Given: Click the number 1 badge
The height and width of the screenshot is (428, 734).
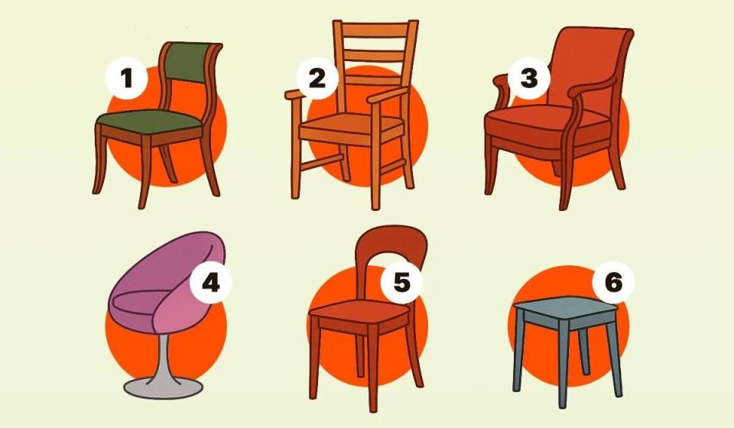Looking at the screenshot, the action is (126, 78).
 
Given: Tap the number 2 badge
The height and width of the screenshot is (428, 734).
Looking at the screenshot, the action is (317, 78).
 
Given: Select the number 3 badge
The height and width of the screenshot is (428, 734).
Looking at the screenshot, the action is (529, 78).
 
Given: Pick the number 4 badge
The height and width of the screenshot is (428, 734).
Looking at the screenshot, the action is (211, 282).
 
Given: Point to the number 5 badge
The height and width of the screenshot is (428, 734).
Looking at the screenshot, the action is (401, 282).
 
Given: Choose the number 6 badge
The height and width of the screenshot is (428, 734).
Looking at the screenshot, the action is (613, 282).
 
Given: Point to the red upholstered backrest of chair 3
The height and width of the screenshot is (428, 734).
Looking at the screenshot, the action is (589, 66).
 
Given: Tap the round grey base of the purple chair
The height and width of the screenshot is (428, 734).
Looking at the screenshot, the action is (164, 387).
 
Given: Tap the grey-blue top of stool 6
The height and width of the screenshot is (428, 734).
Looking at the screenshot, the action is (566, 306).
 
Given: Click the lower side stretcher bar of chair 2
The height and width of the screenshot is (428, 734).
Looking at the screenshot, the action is (322, 162).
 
